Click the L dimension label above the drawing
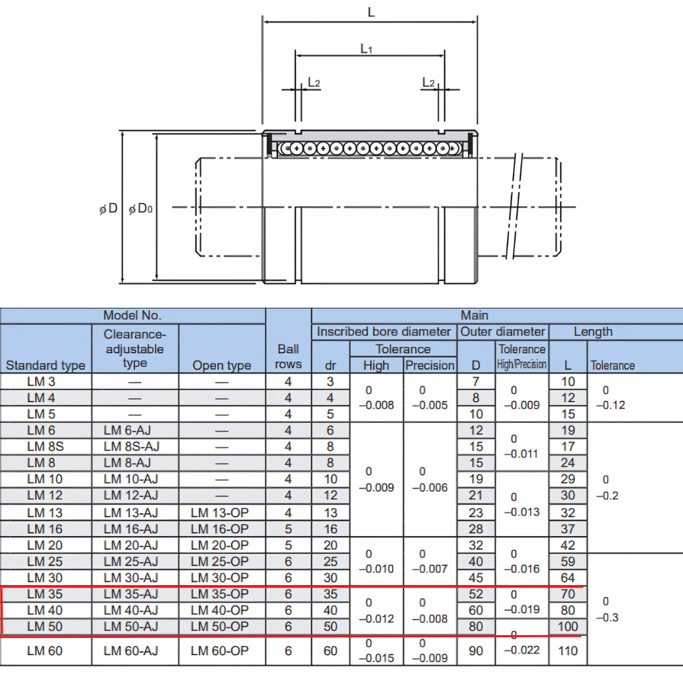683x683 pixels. click(x=371, y=12)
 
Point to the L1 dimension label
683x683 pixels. click(x=367, y=48)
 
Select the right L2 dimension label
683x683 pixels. click(x=428, y=83)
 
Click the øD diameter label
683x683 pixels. click(x=109, y=208)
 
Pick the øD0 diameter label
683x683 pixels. click(x=140, y=208)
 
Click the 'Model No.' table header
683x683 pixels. click(x=133, y=316)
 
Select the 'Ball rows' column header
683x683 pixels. click(x=288, y=357)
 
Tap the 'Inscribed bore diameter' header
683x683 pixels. click(x=384, y=332)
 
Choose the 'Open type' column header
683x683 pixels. click(x=221, y=365)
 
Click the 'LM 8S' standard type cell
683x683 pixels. click(x=45, y=447)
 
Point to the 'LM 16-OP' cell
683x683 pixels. click(x=220, y=529)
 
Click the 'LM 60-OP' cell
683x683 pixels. click(x=220, y=651)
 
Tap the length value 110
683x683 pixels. click(x=568, y=651)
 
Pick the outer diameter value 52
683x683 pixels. click(x=476, y=594)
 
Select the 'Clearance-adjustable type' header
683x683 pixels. click(x=135, y=348)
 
